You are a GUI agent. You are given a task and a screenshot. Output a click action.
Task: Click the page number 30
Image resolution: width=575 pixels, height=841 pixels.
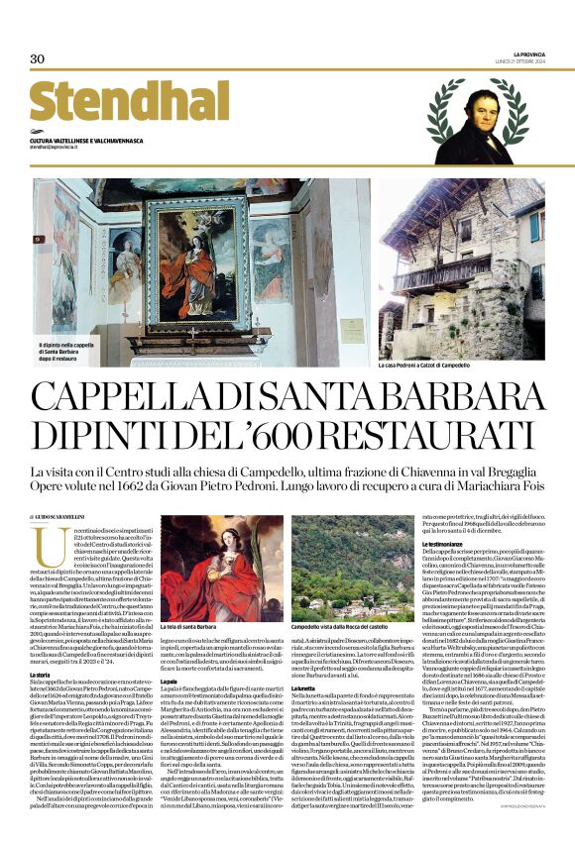coord(37,58)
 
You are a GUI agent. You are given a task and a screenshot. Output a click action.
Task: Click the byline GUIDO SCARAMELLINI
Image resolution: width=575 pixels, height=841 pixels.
coord(69,519)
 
